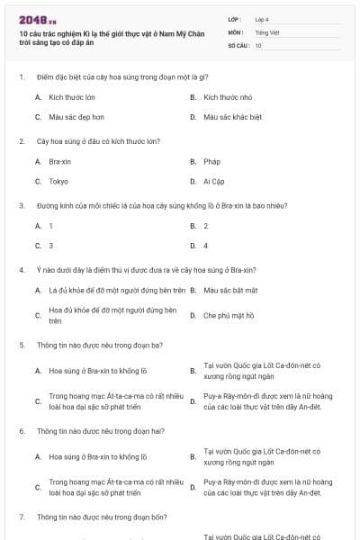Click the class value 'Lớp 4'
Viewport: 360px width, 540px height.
coord(262,18)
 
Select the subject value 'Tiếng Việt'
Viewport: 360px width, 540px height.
coord(266,31)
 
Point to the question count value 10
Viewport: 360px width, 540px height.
coord(258,45)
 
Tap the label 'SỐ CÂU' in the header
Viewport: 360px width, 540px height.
coord(237,45)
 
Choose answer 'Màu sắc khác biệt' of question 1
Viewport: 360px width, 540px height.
coord(232,117)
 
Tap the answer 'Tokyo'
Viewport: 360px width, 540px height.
coord(58,181)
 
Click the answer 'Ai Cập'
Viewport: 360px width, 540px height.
coord(214,181)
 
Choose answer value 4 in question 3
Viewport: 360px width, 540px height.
coord(206,245)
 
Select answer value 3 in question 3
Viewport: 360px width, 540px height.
coord(50,245)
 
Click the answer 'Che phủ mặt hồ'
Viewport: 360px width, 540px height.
coord(229,316)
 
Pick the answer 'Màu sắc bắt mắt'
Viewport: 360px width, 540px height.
coord(231,290)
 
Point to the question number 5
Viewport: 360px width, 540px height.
coord(22,345)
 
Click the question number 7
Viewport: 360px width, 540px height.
coord(22,517)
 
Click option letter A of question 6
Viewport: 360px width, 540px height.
coord(38,456)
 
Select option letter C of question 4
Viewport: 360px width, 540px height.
coord(38,316)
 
